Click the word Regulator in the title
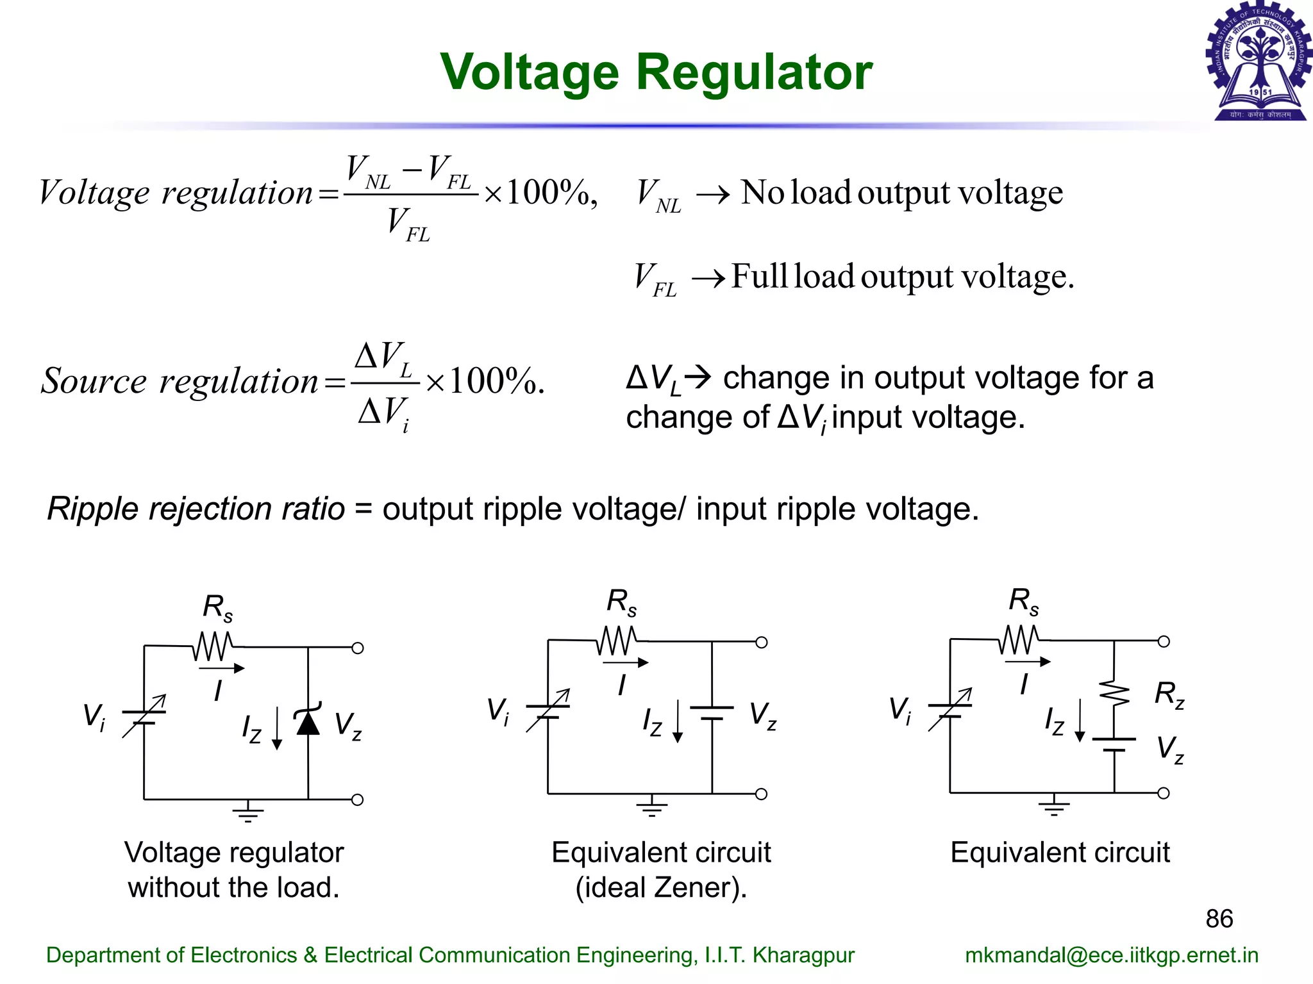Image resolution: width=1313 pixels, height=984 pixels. (754, 72)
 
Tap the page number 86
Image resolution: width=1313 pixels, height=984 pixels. (1219, 919)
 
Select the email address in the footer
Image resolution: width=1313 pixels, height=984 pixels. (1112, 955)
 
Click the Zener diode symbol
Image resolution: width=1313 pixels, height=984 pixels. (308, 722)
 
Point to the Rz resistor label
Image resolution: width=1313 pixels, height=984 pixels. (1169, 694)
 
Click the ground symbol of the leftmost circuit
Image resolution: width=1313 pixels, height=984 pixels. (248, 812)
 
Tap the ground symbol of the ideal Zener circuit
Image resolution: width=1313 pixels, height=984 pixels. (651, 807)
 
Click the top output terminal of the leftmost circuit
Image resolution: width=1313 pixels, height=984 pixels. (358, 648)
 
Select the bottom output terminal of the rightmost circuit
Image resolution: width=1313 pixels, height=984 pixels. (1164, 793)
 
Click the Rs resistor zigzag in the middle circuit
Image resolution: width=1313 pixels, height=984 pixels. (617, 640)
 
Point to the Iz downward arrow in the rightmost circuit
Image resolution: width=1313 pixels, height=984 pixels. (1080, 721)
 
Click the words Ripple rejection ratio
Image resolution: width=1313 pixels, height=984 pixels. (196, 509)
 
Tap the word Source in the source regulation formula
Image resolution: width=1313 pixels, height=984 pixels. (94, 381)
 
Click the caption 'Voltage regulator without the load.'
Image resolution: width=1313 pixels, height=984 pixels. (234, 869)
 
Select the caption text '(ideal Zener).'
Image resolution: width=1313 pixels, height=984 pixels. (661, 887)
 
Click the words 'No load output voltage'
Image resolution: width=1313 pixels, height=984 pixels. (901, 192)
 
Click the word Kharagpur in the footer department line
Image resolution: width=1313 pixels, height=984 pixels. (803, 955)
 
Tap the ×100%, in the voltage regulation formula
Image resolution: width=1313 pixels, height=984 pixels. (540, 192)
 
